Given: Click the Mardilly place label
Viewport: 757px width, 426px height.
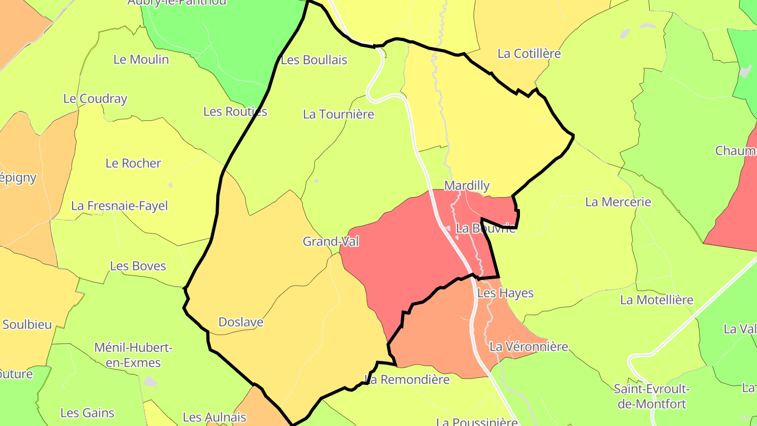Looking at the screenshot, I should (x=467, y=186).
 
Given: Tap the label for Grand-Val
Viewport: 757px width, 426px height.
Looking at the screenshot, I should (x=331, y=241).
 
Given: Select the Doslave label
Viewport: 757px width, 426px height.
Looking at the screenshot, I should (x=241, y=322).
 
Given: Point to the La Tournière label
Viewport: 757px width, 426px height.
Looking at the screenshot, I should (x=339, y=114).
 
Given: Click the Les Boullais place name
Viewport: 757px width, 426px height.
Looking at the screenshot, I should (x=314, y=60).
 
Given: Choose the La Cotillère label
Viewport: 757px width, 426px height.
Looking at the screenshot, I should (x=529, y=54).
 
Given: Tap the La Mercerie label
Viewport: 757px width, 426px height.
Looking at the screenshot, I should (x=618, y=202).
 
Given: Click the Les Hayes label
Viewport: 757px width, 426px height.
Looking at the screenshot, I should (x=505, y=293).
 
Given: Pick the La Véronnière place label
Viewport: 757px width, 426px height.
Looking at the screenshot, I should (x=529, y=347).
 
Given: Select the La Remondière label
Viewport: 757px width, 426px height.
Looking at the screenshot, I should (x=407, y=379).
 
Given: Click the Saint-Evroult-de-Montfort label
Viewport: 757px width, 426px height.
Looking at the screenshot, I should (x=652, y=397).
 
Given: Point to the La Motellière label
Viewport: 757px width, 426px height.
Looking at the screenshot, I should (x=657, y=300).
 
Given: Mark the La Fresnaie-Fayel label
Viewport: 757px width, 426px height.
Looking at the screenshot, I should (x=119, y=206).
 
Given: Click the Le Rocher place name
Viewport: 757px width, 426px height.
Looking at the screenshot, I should (x=133, y=163).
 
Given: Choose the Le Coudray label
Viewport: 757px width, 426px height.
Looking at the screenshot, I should (x=95, y=98).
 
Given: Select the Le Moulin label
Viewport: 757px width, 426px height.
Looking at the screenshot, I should (x=141, y=59).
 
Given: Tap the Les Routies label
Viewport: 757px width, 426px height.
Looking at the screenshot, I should (x=235, y=111).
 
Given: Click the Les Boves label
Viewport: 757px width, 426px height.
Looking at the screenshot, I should (x=138, y=266).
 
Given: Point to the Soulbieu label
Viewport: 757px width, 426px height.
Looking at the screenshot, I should (x=27, y=324).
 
